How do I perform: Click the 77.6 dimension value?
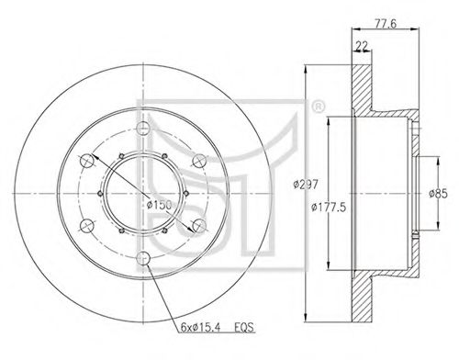(386, 23)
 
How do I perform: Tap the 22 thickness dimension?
(362, 46)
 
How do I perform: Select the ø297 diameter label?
(306, 185)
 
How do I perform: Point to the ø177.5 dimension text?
(329, 208)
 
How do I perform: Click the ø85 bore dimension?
(438, 194)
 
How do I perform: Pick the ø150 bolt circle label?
(159, 205)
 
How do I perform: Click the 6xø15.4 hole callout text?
(200, 328)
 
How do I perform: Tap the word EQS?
(244, 328)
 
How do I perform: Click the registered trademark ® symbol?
(318, 107)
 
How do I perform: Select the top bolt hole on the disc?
(143, 129)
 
